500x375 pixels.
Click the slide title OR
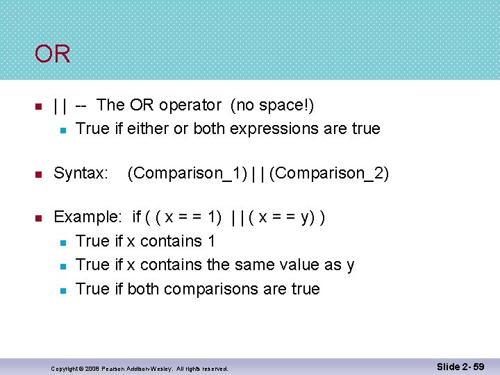53,54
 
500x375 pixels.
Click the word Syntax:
81,174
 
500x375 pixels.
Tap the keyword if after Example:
137,217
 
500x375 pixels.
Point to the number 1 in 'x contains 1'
210,241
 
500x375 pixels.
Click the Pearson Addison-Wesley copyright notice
140,368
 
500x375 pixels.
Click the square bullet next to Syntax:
39,174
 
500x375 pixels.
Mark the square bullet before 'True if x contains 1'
62,242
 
